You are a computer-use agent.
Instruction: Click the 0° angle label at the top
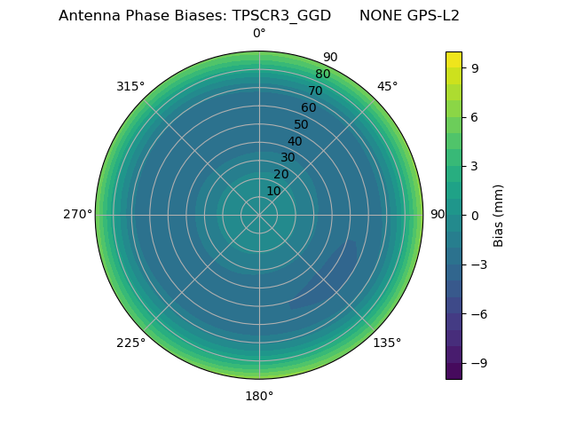259,34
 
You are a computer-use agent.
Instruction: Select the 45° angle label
387,86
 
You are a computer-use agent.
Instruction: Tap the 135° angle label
387,343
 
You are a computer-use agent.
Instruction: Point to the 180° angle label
259,396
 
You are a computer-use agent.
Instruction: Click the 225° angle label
130,343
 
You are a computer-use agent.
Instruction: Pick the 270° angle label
77,215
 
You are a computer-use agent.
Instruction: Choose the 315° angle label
130,86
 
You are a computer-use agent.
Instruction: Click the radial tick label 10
273,191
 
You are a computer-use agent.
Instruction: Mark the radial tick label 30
288,158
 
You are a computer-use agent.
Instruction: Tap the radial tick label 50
302,125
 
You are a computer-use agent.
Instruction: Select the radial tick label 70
315,91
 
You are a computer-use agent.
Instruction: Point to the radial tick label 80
322,75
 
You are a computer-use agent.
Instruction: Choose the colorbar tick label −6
477,313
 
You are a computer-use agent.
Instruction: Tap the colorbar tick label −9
477,363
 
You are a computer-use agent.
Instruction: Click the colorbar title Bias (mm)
499,215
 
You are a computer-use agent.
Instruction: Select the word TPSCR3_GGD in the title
288,16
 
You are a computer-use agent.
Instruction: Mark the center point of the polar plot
259,215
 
